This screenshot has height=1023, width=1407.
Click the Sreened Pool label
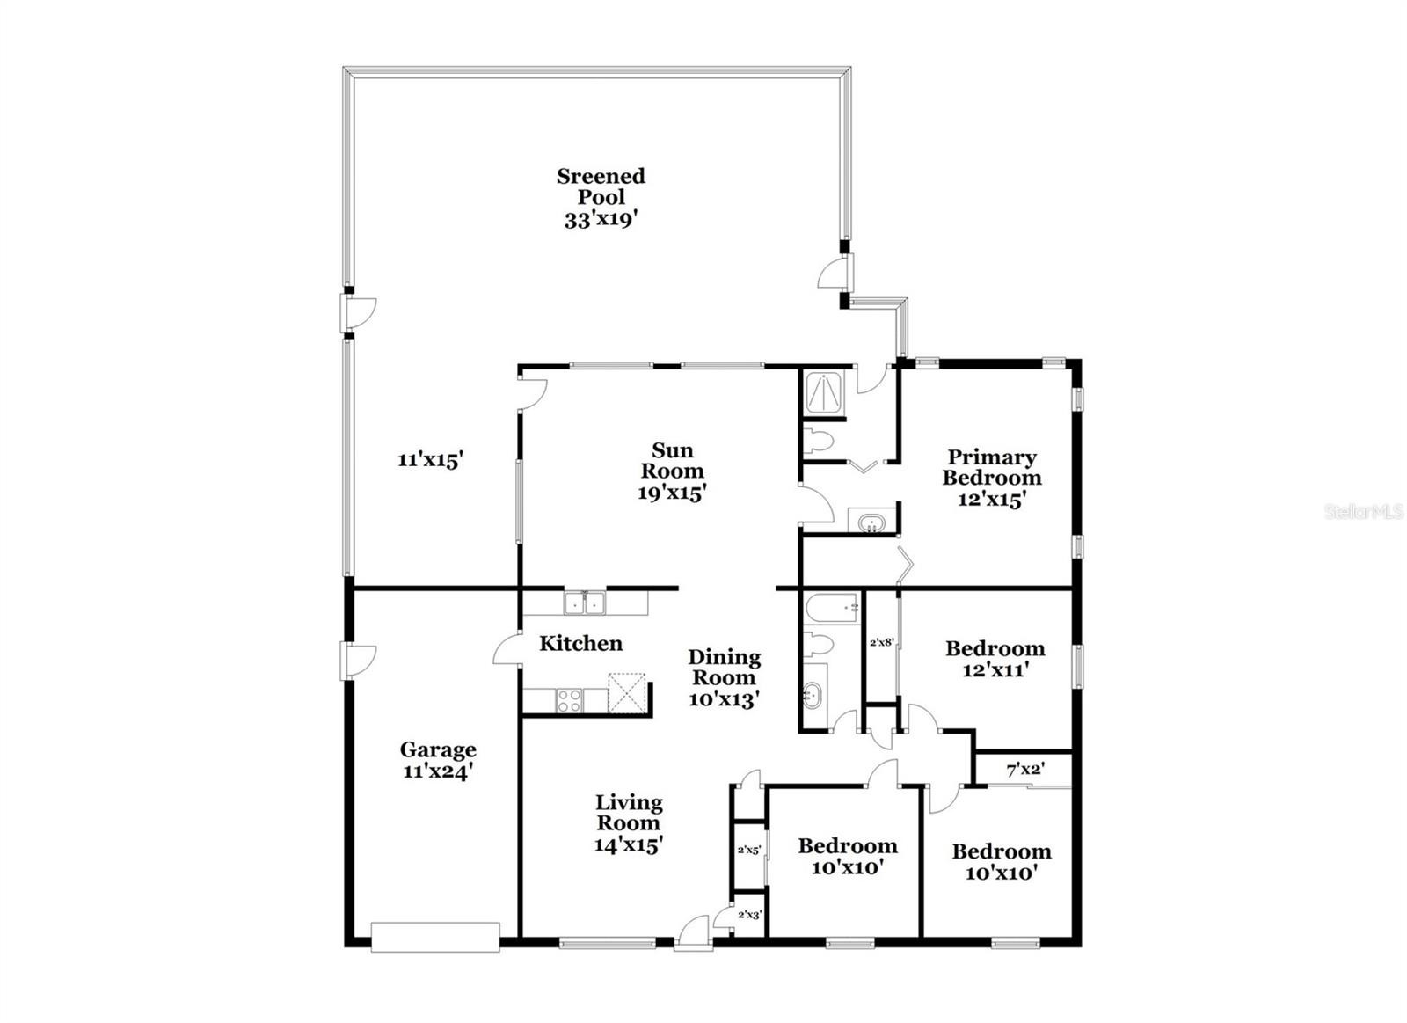tap(601, 197)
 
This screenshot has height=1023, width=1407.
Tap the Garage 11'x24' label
tap(438, 760)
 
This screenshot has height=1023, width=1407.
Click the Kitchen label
tap(581, 644)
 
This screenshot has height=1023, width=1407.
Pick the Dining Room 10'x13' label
tap(725, 679)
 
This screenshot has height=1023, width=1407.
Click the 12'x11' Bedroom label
tap(995, 659)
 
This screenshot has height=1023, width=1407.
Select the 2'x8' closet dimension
tap(881, 643)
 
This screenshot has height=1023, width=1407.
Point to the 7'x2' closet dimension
tap(1025, 769)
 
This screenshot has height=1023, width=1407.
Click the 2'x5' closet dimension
tap(749, 851)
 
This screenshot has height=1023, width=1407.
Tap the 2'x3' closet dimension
tap(749, 915)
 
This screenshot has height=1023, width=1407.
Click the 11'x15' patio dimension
tap(430, 460)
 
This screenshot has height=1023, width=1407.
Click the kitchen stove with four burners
tap(569, 701)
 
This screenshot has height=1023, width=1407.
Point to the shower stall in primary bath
tap(825, 393)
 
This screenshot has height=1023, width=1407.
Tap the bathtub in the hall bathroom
tap(831, 609)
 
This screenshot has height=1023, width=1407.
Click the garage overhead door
tap(435, 938)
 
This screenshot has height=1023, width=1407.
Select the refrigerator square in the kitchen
tap(626, 693)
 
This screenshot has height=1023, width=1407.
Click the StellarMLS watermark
tap(1363, 512)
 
